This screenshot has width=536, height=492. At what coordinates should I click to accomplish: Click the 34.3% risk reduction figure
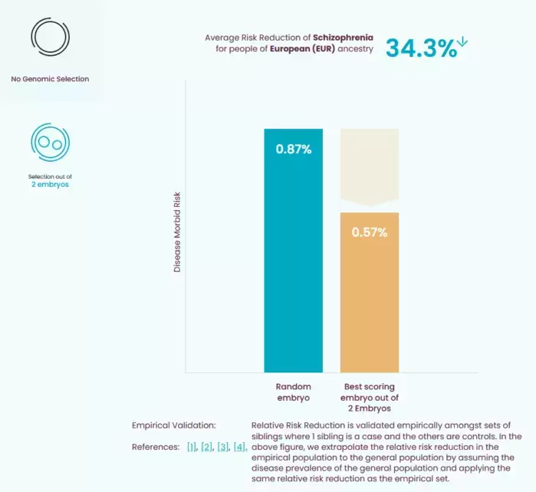pyautogui.click(x=421, y=48)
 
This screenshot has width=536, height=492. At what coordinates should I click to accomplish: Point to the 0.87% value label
pyautogui.click(x=293, y=149)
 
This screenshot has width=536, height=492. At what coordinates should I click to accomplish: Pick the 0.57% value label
pyautogui.click(x=370, y=232)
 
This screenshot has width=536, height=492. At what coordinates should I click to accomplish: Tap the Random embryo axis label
pyautogui.click(x=293, y=392)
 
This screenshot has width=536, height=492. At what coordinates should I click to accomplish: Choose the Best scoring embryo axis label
pyautogui.click(x=370, y=398)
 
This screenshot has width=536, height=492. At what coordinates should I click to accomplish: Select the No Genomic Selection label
pyautogui.click(x=50, y=79)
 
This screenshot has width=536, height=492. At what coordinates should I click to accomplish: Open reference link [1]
pyautogui.click(x=192, y=447)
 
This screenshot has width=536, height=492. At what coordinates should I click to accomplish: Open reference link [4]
pyautogui.click(x=239, y=447)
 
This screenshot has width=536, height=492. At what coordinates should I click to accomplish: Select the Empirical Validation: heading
pyautogui.click(x=174, y=425)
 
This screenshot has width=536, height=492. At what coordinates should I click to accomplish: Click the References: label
pyautogui.click(x=156, y=447)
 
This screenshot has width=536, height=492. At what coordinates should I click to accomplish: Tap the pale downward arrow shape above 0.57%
pyautogui.click(x=370, y=168)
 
